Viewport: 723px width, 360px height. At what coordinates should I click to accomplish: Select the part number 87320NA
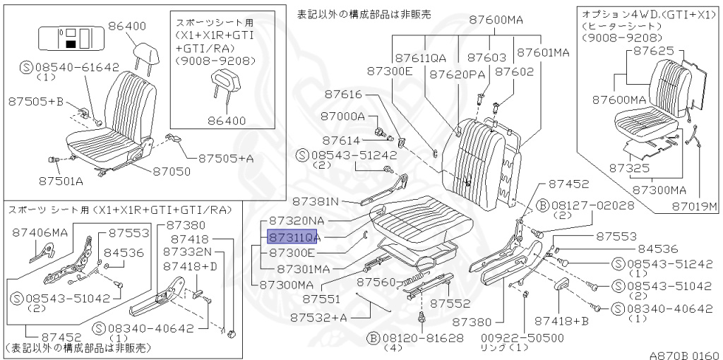[297, 221]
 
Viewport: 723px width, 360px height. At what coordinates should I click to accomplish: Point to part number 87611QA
[421, 57]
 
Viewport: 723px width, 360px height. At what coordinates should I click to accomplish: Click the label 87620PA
[458, 73]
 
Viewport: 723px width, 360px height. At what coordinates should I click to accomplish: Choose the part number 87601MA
[543, 52]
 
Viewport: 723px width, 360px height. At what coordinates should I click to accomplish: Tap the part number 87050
[171, 170]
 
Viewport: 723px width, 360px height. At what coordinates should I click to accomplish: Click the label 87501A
[61, 181]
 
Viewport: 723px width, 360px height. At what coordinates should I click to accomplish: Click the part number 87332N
[187, 252]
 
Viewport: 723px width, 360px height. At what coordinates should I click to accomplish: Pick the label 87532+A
[318, 318]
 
